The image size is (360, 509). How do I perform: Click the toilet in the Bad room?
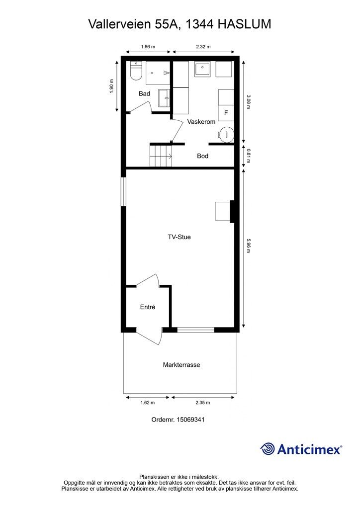tap(136, 71)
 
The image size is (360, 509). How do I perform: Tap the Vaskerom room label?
tap(201, 122)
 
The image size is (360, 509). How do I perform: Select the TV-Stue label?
tap(179, 237)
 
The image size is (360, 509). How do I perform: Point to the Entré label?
tap(148, 307)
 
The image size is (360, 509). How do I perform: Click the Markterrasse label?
tap(181, 364)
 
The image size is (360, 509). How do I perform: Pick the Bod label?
tap(202, 156)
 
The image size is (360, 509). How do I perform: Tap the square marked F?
tap(226, 113)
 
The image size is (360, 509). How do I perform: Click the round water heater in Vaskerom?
tap(226, 133)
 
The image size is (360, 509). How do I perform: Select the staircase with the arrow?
tap(161, 156)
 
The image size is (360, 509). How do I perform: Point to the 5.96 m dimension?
tap(248, 246)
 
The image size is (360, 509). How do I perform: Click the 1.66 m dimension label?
tap(148, 46)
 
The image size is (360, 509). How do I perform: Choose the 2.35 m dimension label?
tap(203, 403)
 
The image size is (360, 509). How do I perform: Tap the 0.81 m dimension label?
tap(248, 156)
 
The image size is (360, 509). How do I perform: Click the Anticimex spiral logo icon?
tap(268, 449)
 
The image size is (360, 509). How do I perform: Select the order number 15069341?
tap(190, 420)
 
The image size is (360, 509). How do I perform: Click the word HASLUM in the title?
tap(244, 24)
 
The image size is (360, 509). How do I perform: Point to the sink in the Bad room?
tap(164, 98)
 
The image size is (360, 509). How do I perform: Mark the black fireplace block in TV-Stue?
tap(232, 211)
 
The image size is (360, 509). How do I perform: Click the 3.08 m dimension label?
tap(248, 102)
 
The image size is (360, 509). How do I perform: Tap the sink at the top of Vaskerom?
tap(202, 69)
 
